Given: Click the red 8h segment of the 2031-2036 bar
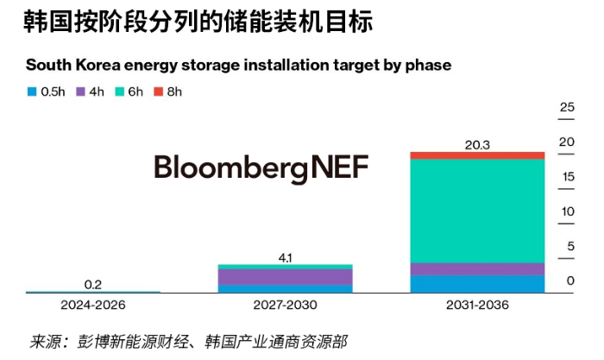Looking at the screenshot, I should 477,155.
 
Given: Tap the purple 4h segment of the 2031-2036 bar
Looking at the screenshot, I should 477,268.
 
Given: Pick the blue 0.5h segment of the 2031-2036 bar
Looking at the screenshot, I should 477,284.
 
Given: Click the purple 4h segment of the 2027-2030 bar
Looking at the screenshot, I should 285,276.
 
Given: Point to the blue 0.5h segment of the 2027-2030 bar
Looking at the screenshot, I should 285,289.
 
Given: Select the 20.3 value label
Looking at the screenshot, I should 477,145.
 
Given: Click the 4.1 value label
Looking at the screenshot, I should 286,256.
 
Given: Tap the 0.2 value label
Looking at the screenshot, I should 93,284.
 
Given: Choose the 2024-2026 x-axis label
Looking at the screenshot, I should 93,306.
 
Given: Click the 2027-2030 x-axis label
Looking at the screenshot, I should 286,306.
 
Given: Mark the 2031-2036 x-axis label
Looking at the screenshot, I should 477,306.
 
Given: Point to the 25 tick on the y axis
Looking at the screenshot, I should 567,108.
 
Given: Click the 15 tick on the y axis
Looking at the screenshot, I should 567,177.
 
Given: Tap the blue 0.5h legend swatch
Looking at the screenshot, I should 32,91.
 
